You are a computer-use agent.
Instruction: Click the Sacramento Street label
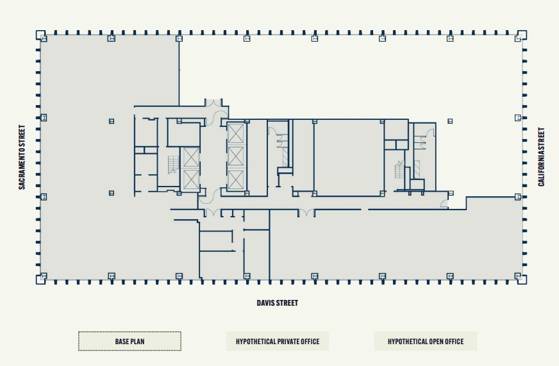point(22,157)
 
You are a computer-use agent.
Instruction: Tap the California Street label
point(542,157)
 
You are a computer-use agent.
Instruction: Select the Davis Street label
point(277,303)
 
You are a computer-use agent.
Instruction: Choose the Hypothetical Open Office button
point(425,342)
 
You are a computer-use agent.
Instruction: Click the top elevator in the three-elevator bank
point(236,134)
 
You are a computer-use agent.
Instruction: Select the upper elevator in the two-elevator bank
point(191,158)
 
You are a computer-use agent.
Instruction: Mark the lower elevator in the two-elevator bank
point(191,180)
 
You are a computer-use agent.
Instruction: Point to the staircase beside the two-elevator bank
point(173,165)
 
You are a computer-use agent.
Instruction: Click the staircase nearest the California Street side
point(401,171)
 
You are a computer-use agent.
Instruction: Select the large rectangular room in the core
point(349,157)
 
